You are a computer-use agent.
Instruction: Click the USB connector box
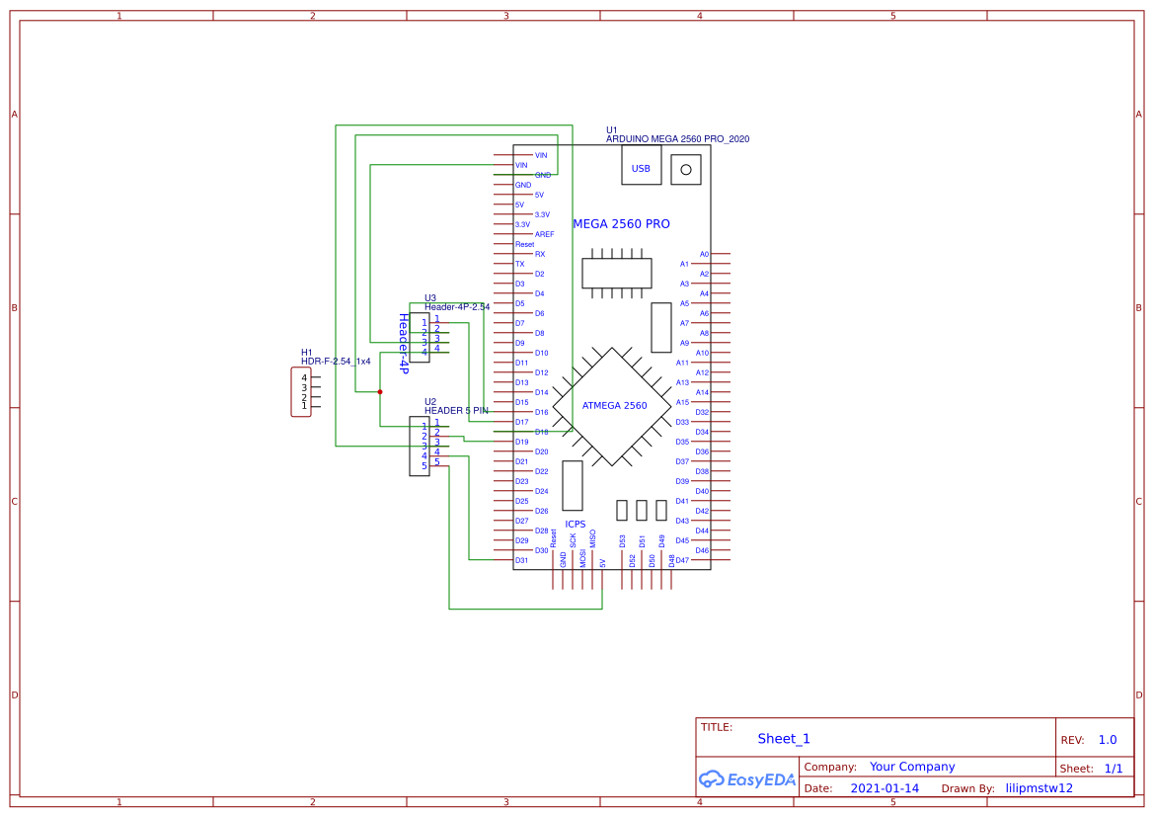point(641,167)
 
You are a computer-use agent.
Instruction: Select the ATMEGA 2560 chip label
point(614,405)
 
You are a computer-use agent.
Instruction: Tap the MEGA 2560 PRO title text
point(621,224)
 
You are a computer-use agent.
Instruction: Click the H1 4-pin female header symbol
point(301,391)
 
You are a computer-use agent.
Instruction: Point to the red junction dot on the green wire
point(380,391)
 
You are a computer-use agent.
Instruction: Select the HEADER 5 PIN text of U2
point(456,410)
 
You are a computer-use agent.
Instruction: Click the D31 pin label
point(521,560)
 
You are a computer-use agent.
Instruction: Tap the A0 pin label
point(704,254)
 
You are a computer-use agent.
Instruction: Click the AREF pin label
point(544,234)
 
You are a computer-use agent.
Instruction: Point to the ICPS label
point(575,525)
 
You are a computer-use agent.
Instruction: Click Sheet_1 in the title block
point(784,739)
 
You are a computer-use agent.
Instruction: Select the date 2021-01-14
point(885,788)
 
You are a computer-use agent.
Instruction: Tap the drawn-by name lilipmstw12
point(1039,788)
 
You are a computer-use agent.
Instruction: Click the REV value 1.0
point(1107,740)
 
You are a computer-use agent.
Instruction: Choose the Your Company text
point(911,767)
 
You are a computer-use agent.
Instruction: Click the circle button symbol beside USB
point(686,169)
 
